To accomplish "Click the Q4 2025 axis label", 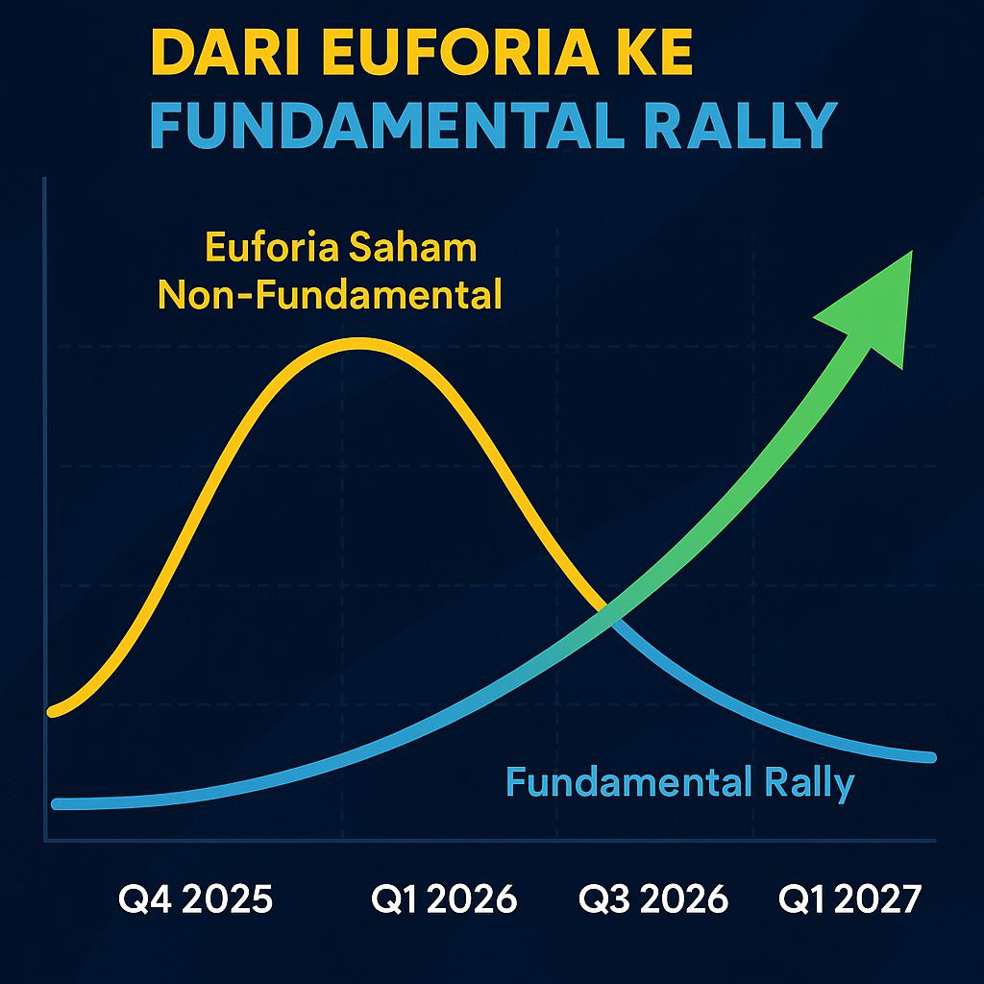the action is [195, 898].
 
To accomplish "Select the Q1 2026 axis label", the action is [444, 898].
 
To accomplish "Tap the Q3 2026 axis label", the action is [652, 898].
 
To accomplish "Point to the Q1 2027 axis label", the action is [849, 898].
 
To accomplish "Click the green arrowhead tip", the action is [912, 251].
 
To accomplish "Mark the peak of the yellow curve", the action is [359, 342].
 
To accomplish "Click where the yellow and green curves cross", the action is [607, 613].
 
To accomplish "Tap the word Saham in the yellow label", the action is [412, 247].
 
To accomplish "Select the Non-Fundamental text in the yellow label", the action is [330, 294].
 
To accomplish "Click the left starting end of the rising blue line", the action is [57, 804].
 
